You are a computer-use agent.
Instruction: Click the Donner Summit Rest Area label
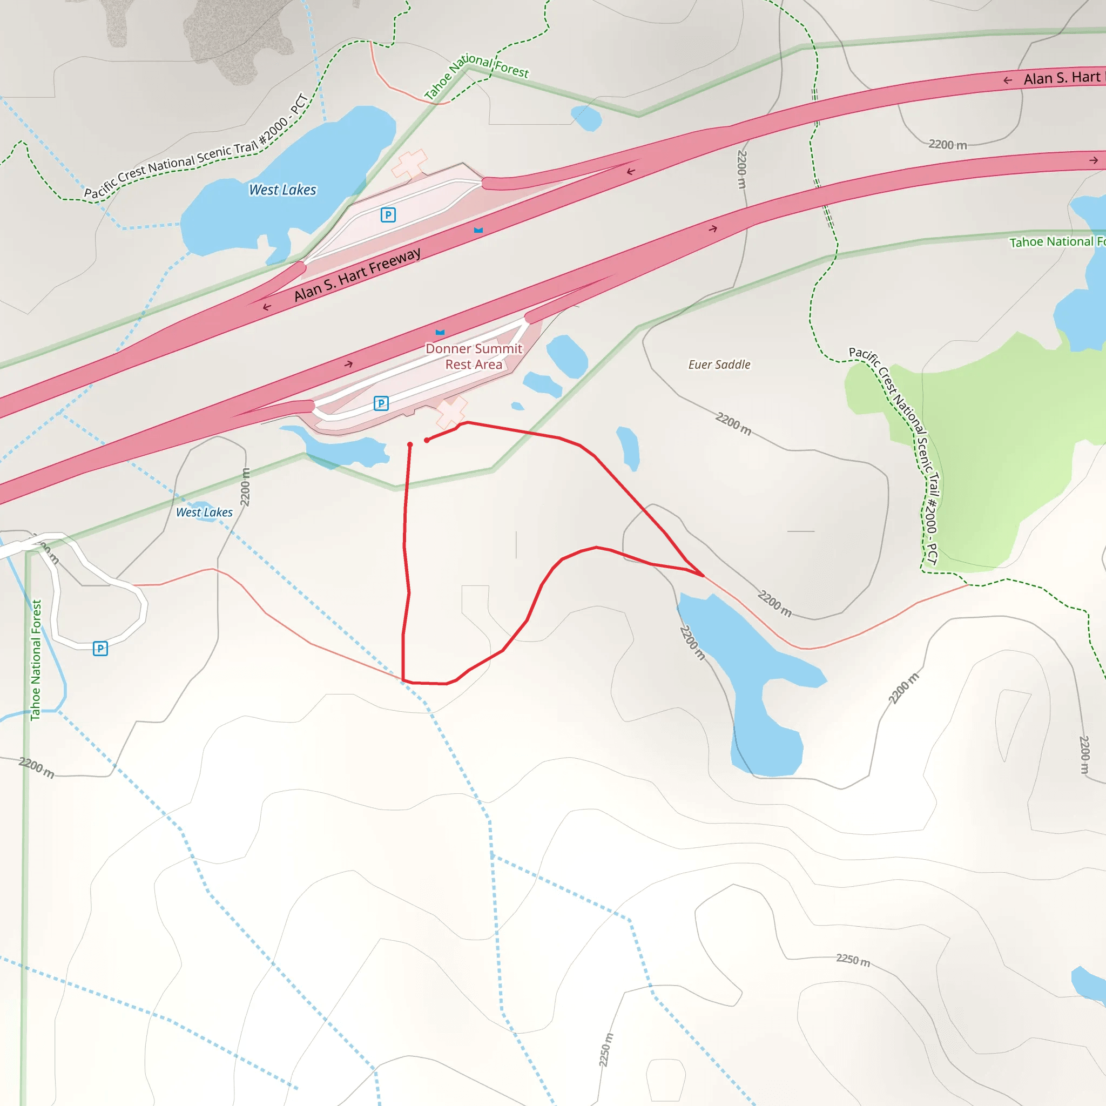coord(474,356)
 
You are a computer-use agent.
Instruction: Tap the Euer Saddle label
coord(719,365)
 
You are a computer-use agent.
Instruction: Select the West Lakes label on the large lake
coord(282,190)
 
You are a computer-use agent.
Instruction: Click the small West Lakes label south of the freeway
coord(204,512)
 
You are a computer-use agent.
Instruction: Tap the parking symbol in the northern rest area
coord(388,215)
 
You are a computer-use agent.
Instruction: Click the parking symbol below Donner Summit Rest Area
coord(381,403)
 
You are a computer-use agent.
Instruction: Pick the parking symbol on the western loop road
coord(100,648)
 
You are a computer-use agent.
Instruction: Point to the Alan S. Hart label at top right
coord(1061,78)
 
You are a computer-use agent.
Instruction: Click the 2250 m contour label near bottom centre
coord(606,1049)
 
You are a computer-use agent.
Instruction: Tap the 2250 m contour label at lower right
coord(853,960)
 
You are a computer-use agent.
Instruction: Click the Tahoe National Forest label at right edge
coord(1057,241)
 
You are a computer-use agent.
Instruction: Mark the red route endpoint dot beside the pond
coord(410,445)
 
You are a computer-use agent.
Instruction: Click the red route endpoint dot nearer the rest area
coord(427,440)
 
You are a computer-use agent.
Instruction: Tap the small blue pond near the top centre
coord(586,118)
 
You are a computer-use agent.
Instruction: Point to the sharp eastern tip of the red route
coord(704,575)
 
